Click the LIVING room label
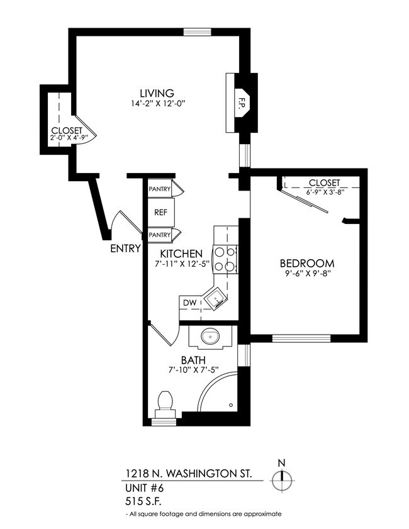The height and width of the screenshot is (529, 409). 157,93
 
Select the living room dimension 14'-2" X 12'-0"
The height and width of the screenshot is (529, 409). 157,104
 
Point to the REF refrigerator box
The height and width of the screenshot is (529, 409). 160,212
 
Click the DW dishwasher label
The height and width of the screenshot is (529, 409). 189,303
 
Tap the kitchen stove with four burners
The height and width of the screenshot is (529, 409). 226,258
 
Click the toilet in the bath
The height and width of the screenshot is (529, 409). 165,403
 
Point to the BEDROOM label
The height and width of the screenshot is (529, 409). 306,263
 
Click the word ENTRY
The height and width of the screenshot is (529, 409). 125,248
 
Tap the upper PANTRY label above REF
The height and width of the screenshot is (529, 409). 160,189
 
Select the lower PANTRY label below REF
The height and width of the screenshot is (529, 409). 160,235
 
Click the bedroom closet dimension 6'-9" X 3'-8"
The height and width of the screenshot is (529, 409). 324,192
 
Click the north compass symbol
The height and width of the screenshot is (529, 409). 281,481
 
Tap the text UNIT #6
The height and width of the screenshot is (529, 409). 142,488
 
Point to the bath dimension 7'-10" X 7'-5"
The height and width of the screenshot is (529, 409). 194,370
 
